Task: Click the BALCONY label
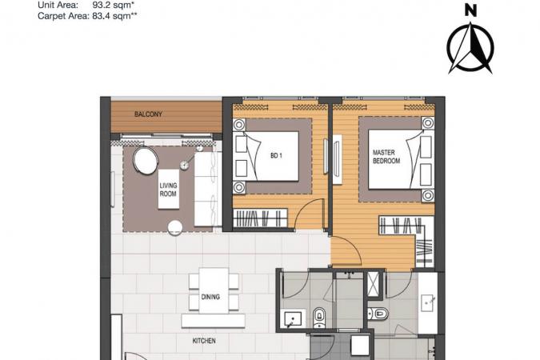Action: point(148,114)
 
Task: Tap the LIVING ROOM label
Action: point(168,190)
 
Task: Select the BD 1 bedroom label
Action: point(276,156)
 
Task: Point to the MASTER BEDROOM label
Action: point(386,157)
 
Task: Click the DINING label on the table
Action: point(210,297)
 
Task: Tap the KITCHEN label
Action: point(204,341)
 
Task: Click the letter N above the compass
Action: point(470,10)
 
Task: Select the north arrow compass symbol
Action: point(470,48)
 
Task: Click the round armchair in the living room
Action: point(146,160)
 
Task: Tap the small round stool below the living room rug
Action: point(175,228)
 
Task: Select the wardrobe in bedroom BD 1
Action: point(260,218)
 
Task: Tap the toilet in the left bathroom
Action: point(319,318)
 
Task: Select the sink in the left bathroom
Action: point(292,318)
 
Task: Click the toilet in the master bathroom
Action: point(378,314)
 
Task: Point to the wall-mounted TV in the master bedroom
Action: point(337,159)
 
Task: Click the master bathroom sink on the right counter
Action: point(428,303)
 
